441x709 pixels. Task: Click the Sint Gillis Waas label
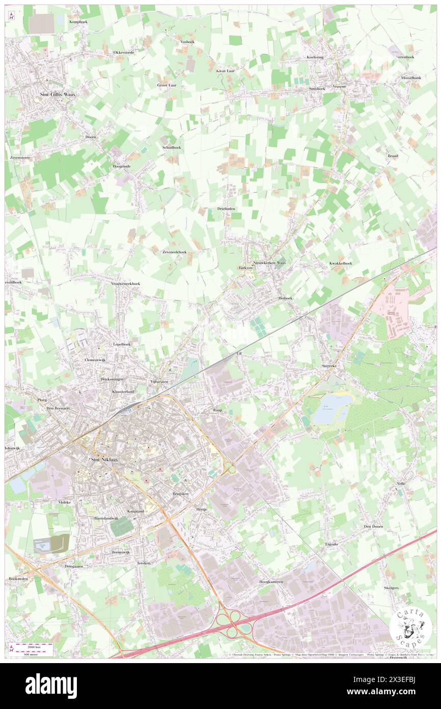(x=57, y=94)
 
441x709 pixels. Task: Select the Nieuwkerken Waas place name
(x=269, y=263)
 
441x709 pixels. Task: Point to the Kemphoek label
(x=79, y=22)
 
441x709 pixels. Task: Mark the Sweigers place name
(x=391, y=588)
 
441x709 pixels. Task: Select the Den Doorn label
(x=373, y=526)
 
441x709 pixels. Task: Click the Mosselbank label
(x=411, y=78)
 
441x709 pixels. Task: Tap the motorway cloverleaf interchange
(x=233, y=624)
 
